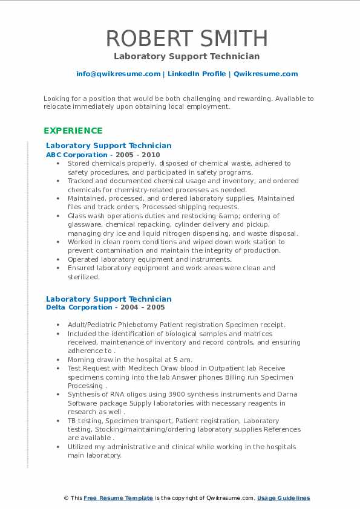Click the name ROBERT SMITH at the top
coord(186,38)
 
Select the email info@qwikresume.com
coord(118,74)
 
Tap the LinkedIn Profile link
coord(196,74)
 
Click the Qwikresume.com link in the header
coord(265,74)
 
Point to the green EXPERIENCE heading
coord(73,131)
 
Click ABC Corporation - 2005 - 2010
coord(103,155)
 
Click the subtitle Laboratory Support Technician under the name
coord(186,56)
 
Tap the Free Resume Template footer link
coord(118,498)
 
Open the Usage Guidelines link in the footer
coord(283,498)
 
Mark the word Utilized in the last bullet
coord(80,447)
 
